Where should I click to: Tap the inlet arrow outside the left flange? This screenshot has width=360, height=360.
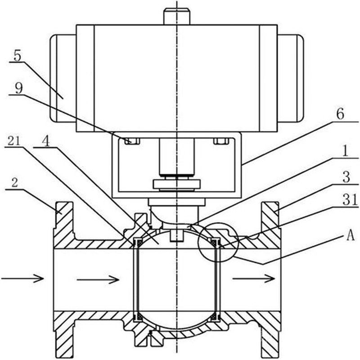click(x=22, y=279)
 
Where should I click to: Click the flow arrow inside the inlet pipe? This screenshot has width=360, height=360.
click(x=98, y=279)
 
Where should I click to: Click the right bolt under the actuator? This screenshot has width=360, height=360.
click(x=221, y=141)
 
